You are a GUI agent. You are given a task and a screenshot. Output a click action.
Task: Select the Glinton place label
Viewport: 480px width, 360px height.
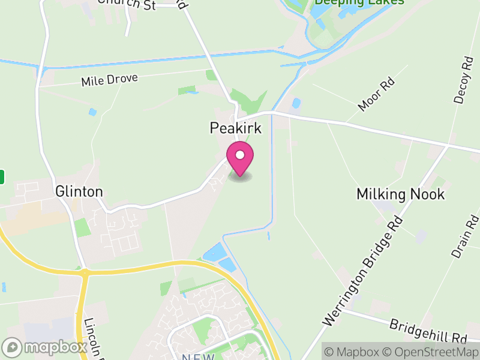click(79, 191)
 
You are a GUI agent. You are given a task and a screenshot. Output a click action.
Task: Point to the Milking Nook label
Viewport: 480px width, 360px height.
click(401, 194)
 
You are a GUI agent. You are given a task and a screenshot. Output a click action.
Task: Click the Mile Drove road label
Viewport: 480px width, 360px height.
click(110, 80)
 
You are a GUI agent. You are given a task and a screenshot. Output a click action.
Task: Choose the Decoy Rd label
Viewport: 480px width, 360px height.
click(463, 80)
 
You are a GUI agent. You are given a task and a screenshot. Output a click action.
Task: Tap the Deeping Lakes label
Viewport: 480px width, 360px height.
click(359, 2)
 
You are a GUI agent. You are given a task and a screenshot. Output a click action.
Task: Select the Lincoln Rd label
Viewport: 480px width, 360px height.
click(92, 336)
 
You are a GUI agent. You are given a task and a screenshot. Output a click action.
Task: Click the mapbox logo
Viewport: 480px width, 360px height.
click(45, 347)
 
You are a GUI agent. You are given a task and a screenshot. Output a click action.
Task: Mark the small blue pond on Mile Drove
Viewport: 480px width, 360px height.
click(92, 112)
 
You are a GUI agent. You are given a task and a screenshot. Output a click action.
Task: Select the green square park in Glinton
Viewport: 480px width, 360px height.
click(82, 228)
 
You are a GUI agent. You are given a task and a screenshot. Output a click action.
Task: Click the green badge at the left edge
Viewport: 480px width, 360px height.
click(2, 176)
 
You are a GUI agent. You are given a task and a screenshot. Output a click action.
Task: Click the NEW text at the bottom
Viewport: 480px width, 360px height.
click(199, 356)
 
